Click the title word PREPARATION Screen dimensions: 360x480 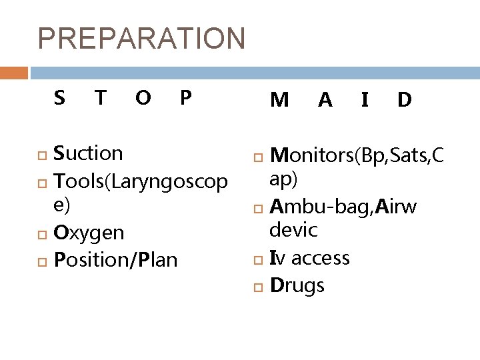coord(142,39)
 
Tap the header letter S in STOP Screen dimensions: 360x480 coord(59,98)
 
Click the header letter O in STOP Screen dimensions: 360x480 coord(142,98)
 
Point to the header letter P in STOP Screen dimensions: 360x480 coord(186,98)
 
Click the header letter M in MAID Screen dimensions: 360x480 coord(279,100)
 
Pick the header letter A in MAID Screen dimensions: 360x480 coord(325,100)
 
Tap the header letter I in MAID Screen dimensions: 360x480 coord(364,100)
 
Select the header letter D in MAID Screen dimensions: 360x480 coord(404,100)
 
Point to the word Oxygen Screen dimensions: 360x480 coord(89,233)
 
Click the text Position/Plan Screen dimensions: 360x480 coord(115,259)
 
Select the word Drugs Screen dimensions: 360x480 coord(297,286)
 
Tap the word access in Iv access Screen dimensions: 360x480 coord(319,258)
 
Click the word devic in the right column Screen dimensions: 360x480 coord(293,231)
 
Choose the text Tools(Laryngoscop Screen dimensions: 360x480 coord(141,180)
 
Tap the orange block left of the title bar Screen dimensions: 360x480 coord(14,73)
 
